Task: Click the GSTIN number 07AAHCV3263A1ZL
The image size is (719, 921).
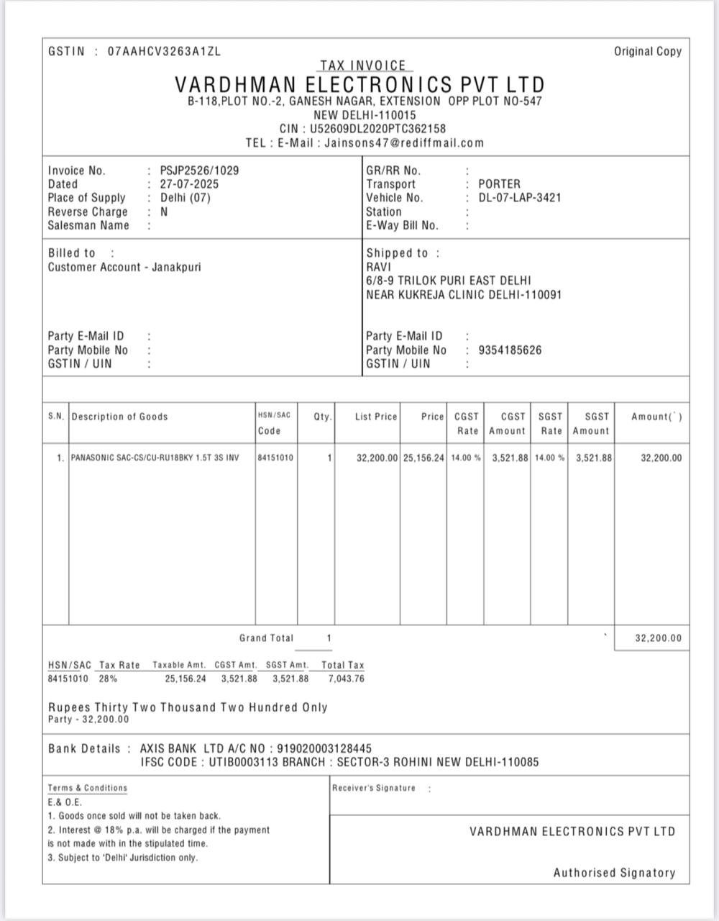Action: [164, 52]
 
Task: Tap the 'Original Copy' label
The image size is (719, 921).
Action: [647, 52]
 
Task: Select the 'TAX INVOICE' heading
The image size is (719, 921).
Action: [362, 65]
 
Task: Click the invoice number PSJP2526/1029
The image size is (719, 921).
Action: [199, 171]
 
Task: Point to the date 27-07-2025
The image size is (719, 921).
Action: [189, 184]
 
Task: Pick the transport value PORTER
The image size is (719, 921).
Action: [499, 184]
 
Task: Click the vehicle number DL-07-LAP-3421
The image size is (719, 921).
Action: [519, 198]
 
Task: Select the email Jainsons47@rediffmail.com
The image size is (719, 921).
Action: [404, 142]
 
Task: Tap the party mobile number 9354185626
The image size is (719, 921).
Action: [510, 350]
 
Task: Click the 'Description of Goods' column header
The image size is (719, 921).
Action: [119, 417]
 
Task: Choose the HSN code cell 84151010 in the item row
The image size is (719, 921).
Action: [275, 458]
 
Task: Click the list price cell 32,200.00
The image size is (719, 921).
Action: [377, 458]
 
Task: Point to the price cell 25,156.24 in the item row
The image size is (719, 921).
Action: [423, 458]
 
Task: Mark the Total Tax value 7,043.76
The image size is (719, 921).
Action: [346, 679]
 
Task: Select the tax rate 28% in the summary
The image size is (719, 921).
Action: [109, 679]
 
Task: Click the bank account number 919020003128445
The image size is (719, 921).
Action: [324, 749]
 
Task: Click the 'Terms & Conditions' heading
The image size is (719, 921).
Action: [88, 788]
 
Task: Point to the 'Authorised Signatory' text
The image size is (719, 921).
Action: [614, 873]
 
